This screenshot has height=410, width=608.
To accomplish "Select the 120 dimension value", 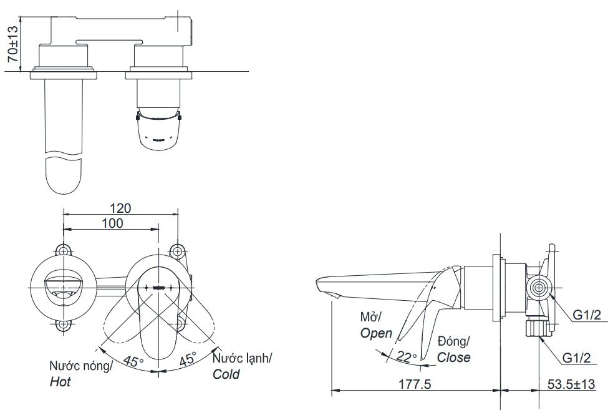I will [x=120, y=208].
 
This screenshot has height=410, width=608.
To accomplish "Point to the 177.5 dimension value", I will [x=415, y=384].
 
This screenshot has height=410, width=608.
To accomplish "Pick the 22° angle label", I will [x=406, y=357].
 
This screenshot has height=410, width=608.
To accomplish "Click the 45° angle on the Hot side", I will [x=133, y=361].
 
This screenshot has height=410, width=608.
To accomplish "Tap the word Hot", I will [x=60, y=382].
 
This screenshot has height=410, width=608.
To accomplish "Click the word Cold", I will [x=226, y=374].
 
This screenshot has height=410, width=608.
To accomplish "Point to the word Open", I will [x=376, y=333].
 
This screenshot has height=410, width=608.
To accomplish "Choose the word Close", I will [x=453, y=358].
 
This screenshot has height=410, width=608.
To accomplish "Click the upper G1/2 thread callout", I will [x=587, y=315].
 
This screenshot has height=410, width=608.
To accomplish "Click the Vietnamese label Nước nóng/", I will [x=80, y=366].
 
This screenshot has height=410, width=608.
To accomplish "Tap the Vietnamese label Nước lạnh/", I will [x=242, y=358].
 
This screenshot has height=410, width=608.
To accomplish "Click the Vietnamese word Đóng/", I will [x=453, y=341].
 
